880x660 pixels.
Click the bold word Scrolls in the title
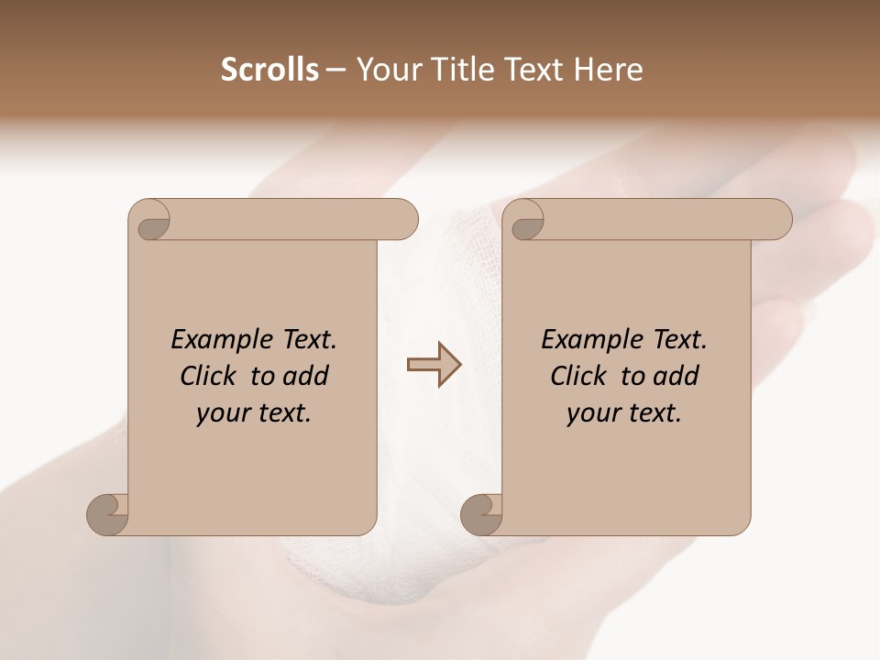[x=269, y=70]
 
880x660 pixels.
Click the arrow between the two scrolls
[x=434, y=365]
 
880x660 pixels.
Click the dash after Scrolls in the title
[x=336, y=71]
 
